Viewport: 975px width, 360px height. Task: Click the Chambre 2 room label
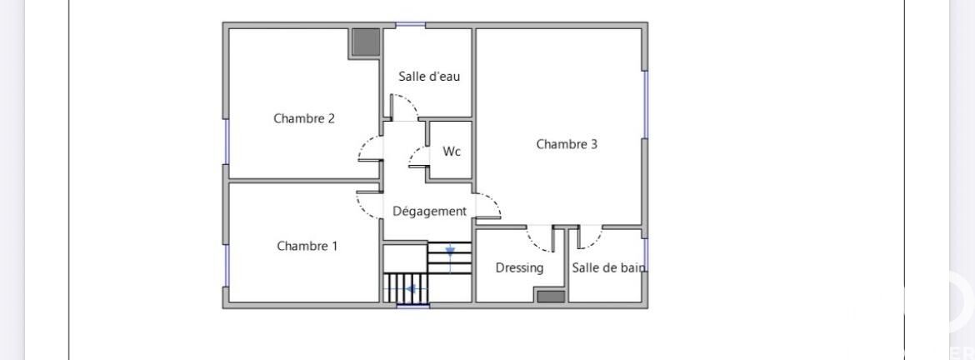click(304, 118)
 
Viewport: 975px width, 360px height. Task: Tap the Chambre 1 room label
click(307, 246)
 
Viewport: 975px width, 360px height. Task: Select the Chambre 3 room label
click(567, 144)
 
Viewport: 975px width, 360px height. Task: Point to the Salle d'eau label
click(429, 77)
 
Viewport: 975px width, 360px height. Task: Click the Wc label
click(452, 151)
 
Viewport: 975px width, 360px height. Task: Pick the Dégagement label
click(429, 212)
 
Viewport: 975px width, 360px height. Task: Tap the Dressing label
click(519, 268)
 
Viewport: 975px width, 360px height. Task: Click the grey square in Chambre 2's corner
click(366, 42)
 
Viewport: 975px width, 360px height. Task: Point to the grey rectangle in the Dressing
click(551, 297)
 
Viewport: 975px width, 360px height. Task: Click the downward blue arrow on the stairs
click(450, 252)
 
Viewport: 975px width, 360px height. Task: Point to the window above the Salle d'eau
click(411, 25)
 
